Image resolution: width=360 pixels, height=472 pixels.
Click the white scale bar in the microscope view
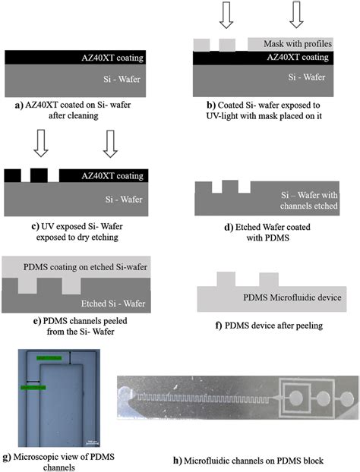pos(89,440)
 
